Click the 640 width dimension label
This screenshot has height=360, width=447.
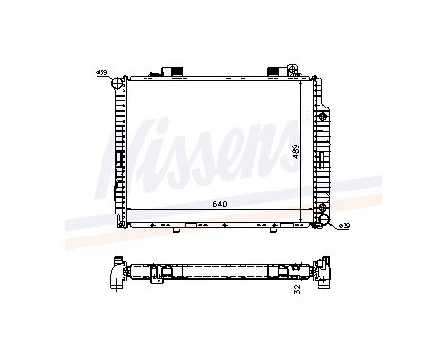[220, 203]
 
